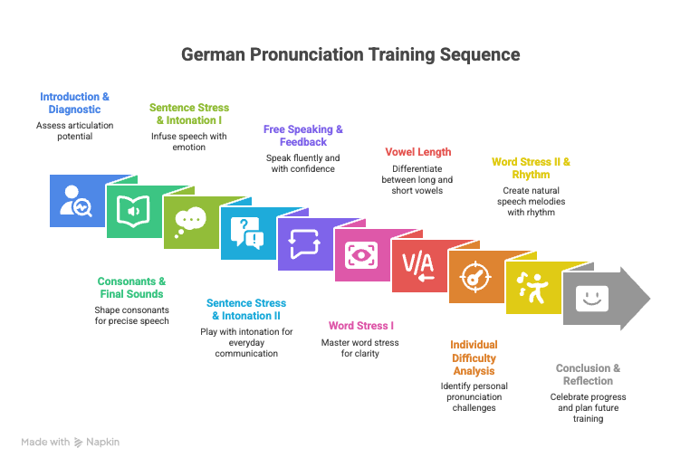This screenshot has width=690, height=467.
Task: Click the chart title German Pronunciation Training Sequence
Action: [350, 54]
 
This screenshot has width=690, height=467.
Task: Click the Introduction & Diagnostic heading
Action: [75, 102]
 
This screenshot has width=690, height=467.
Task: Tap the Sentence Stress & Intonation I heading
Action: [188, 113]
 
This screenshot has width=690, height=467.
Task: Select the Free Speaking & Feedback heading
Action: [302, 136]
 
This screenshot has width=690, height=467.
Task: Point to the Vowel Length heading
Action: [417, 151]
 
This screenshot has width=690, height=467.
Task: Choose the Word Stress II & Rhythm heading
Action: [531, 168]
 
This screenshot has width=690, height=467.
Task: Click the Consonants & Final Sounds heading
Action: [132, 287]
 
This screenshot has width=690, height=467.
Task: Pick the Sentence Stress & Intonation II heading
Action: [246, 310]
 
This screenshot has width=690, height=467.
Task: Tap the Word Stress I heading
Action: [360, 325]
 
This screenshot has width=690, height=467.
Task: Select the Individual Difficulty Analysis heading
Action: [474, 357]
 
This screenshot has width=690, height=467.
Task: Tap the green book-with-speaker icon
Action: [133, 213]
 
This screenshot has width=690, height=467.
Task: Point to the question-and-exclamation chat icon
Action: [246, 233]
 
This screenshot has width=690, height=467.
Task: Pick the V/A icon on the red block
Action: [417, 265]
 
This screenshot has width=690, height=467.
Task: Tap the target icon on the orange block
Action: [474, 276]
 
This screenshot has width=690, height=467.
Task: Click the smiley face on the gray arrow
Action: [590, 298]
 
